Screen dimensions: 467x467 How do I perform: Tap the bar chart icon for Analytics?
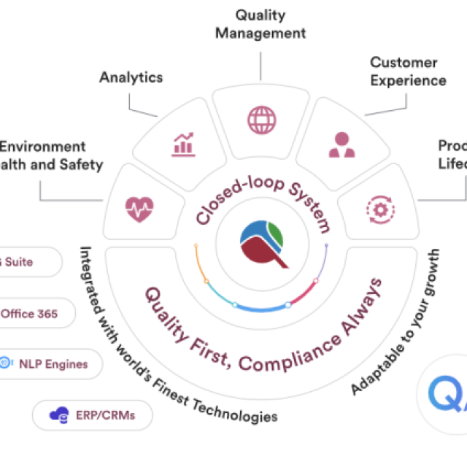[184, 144]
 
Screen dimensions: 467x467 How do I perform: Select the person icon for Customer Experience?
[341, 144]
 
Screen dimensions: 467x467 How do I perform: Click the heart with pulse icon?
[138, 209]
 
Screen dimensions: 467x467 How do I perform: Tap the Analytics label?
[131, 76]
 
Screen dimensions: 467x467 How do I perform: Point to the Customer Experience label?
[408, 71]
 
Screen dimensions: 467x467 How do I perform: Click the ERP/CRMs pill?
[93, 415]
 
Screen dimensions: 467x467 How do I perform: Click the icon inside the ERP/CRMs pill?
[56, 415]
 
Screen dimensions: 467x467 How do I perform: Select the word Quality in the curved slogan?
[169, 309]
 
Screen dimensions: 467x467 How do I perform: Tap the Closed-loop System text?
[263, 204]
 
